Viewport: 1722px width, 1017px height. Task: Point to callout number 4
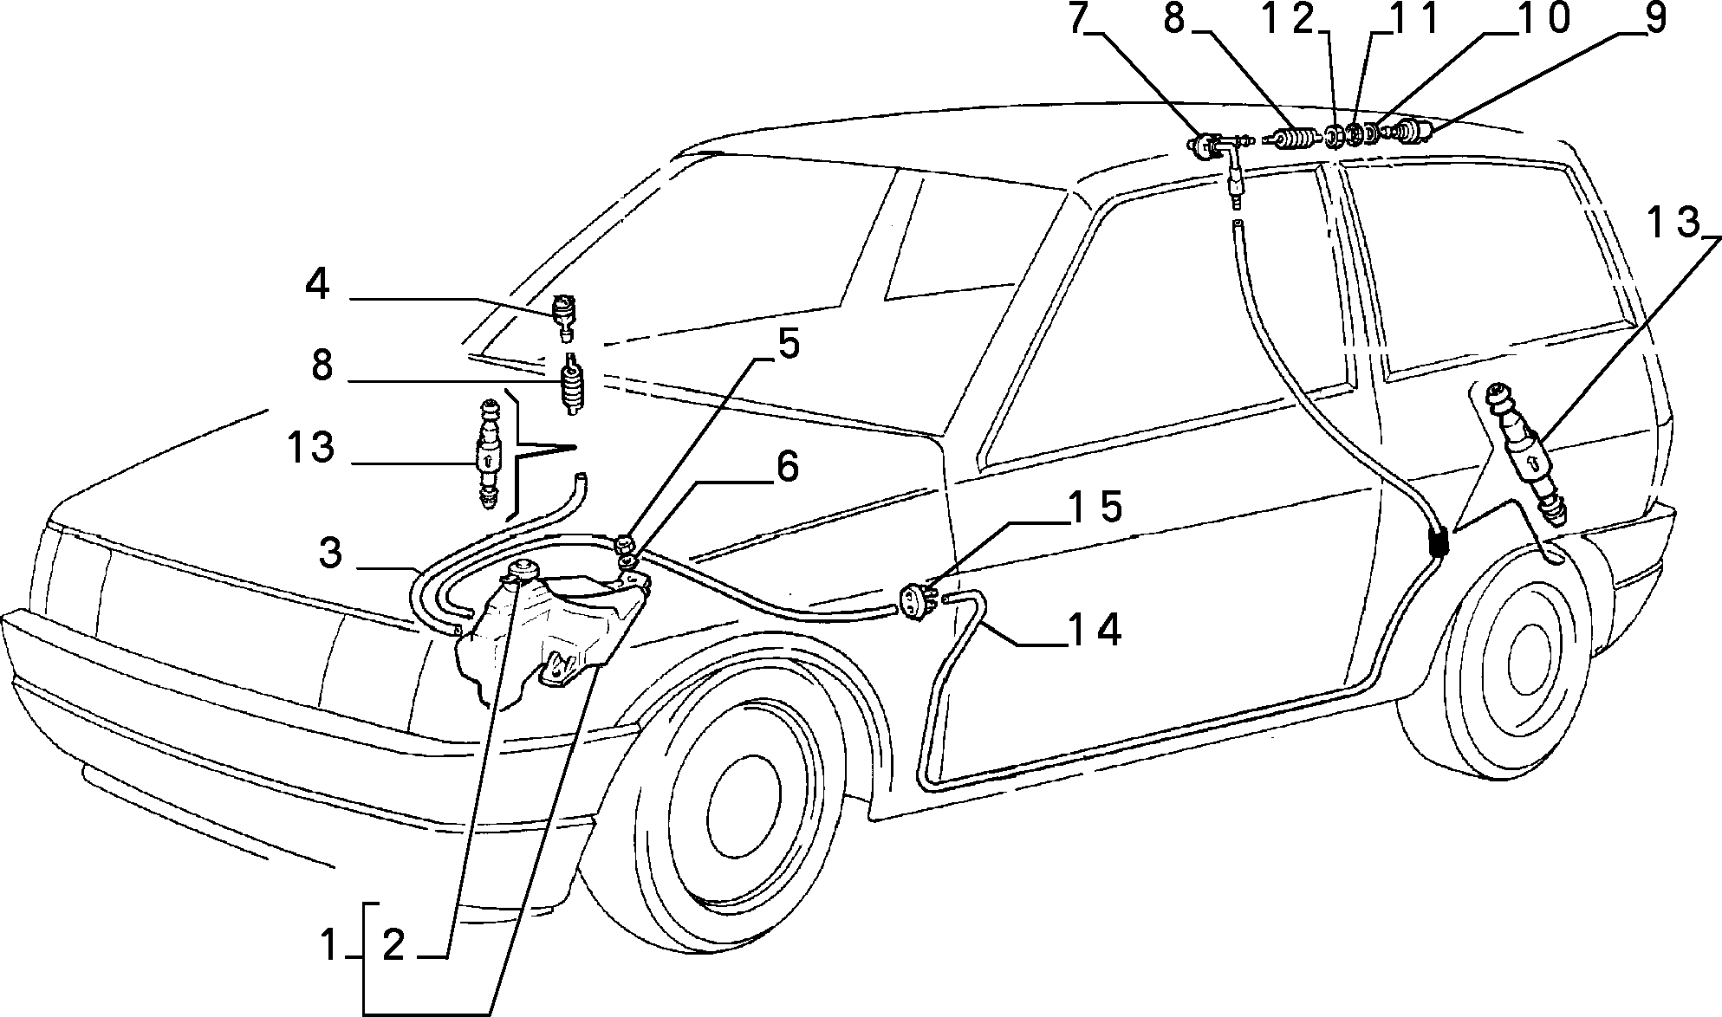click(x=318, y=284)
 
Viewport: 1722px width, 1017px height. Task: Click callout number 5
click(x=788, y=344)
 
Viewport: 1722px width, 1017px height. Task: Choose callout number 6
click(x=787, y=467)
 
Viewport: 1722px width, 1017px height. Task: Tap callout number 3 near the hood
click(x=330, y=552)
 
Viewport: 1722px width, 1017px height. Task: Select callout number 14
click(x=1094, y=630)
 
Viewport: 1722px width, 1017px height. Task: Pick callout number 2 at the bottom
click(x=393, y=946)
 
